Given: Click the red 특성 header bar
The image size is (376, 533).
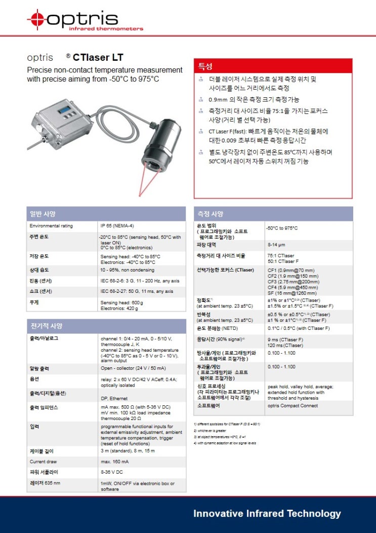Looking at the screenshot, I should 273,66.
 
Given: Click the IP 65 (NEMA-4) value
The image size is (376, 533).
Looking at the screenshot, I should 117,225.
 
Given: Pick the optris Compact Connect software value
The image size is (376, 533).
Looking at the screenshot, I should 293,406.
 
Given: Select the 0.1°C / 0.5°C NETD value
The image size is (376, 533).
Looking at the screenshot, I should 298,328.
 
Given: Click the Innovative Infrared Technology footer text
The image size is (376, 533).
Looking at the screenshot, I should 267,514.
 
